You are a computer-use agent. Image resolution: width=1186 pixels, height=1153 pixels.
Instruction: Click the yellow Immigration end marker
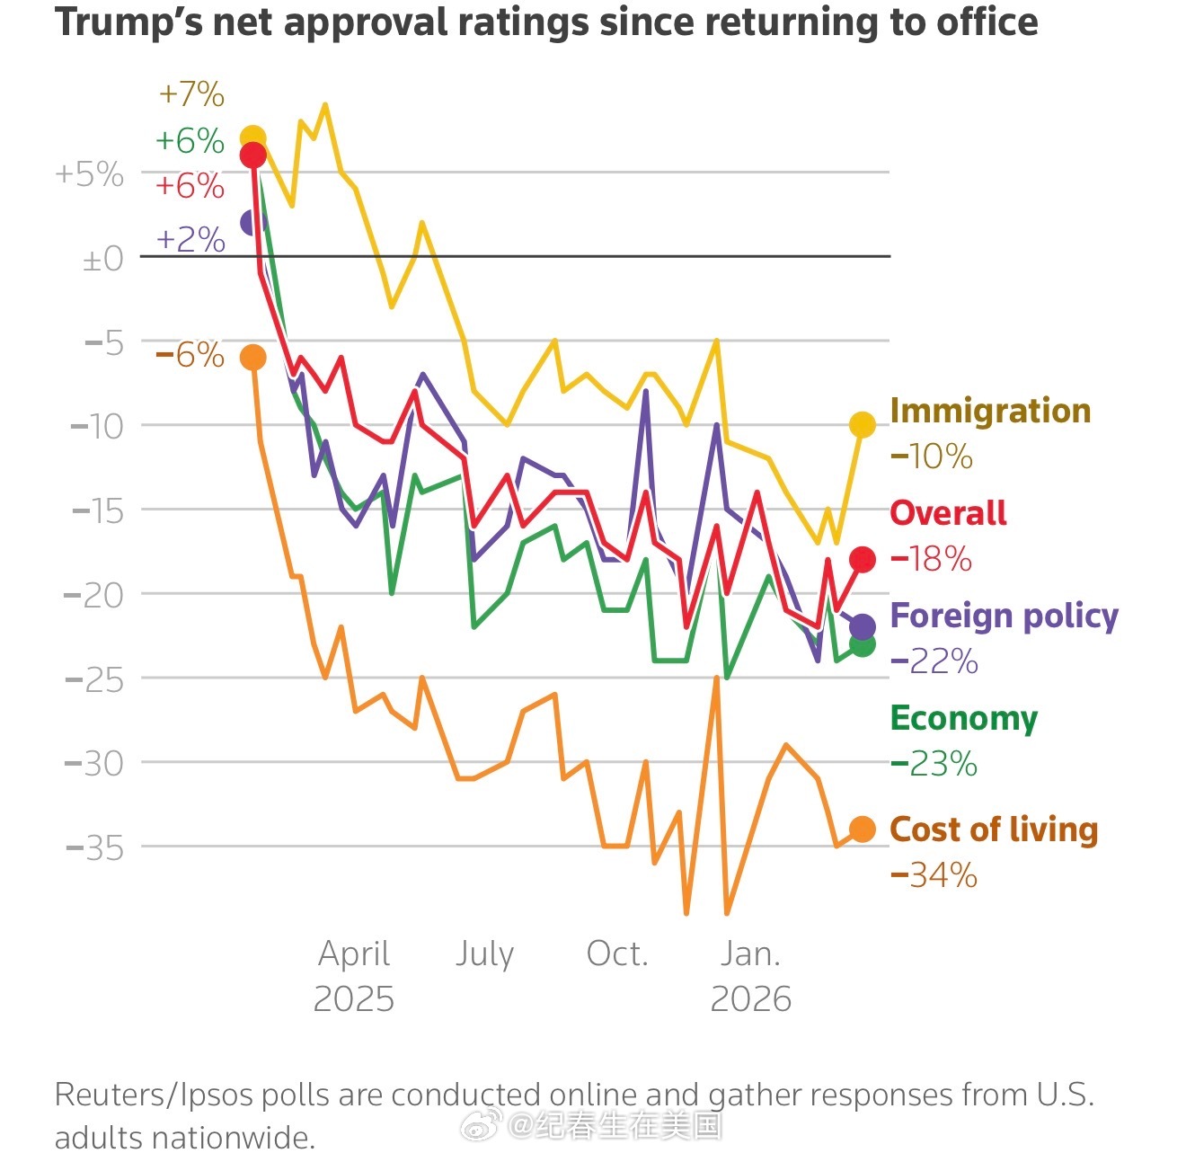pos(863,425)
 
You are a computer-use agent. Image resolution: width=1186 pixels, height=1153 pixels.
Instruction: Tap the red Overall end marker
pos(863,560)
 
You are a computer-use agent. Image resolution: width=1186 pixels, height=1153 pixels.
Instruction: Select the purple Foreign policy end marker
pos(863,626)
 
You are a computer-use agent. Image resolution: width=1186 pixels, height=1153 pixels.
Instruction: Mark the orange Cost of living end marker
pos(863,829)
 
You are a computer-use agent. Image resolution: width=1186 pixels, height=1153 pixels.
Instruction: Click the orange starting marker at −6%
pos(253,358)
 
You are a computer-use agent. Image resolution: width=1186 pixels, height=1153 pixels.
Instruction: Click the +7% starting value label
pos(191,94)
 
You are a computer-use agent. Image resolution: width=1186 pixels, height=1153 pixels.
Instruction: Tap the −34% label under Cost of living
pos(934,875)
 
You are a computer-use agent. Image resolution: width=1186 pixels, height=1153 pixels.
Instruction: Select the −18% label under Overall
pos(931,559)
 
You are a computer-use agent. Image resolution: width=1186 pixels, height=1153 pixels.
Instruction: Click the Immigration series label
pos(990,411)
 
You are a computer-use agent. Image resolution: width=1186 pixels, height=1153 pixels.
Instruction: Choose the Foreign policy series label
pos(1004,616)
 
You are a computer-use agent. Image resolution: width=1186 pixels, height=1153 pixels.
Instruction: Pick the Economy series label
pos(963,718)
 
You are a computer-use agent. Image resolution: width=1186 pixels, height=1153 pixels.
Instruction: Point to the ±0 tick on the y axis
pos(103,259)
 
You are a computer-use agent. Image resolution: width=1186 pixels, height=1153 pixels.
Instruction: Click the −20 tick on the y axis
pos(93,595)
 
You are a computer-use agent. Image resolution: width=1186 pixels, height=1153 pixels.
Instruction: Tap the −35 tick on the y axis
pos(94,847)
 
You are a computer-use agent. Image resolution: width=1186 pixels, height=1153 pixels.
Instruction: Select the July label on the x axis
pos(484,953)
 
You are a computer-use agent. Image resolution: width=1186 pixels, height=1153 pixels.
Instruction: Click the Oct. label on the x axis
pos(617,953)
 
